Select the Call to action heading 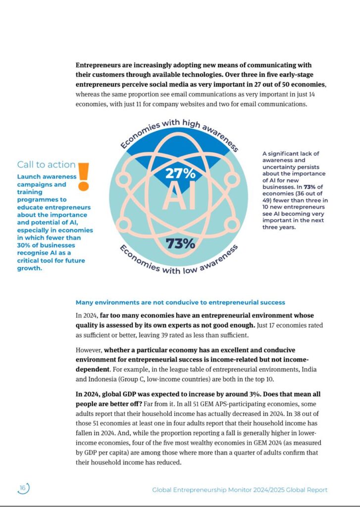tap(46, 164)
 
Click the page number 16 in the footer tap(23, 488)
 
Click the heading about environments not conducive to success tap(180, 302)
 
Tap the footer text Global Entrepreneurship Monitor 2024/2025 tap(240, 490)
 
